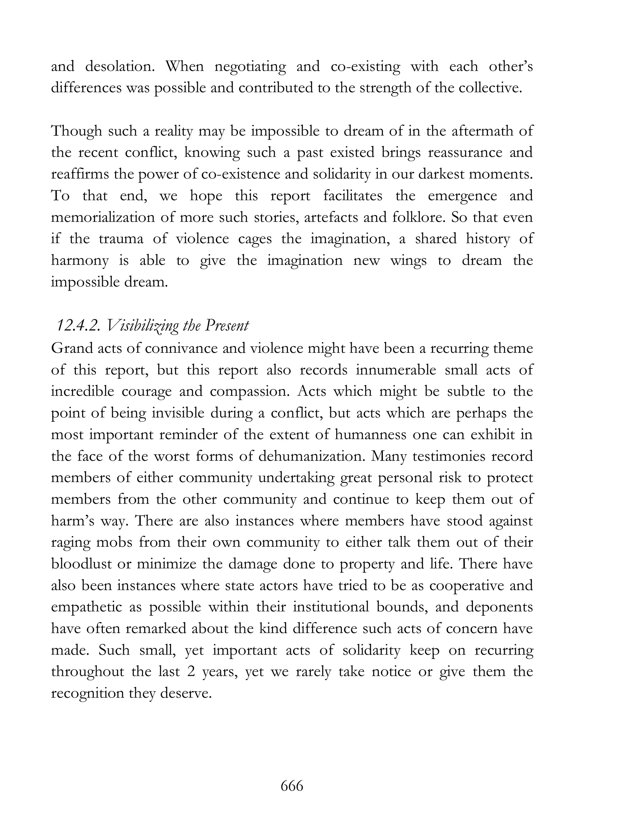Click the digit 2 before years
(190, 672)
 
